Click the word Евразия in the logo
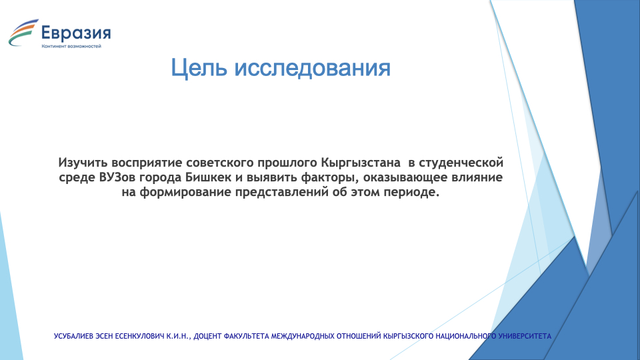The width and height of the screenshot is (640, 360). coord(76,33)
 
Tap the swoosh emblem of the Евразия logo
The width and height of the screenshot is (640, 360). coord(23,33)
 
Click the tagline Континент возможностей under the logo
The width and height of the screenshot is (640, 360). coord(71,46)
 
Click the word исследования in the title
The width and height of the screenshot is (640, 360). coord(312,67)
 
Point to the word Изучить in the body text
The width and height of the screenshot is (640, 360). coord(83,163)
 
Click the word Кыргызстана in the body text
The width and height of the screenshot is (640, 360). coord(361,163)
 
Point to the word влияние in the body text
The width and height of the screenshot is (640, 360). coord(477,177)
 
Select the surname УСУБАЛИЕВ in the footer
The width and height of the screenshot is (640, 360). coord(73,336)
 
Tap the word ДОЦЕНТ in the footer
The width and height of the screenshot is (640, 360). coord(208,336)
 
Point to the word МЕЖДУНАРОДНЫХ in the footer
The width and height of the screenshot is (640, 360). coord(303,336)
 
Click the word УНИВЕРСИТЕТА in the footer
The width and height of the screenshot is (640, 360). coord(525,336)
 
